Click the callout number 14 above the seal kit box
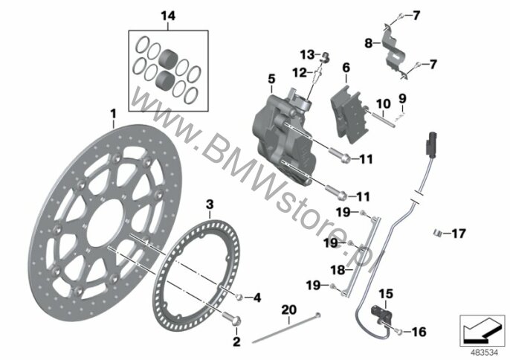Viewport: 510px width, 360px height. point(168,16)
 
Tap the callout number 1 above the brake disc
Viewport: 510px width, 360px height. point(113,114)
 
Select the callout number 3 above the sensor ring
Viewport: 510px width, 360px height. point(210,205)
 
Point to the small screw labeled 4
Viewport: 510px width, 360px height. point(240,298)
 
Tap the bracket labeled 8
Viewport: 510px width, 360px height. point(394,51)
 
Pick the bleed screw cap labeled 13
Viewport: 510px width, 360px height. point(324,57)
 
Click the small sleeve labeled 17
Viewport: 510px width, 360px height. point(437,233)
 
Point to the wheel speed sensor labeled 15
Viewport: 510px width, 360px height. point(379,313)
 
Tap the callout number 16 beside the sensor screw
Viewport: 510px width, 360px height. point(419,332)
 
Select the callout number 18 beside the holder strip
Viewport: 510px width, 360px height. point(338,270)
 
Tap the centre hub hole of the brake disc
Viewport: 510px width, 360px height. point(106,228)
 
